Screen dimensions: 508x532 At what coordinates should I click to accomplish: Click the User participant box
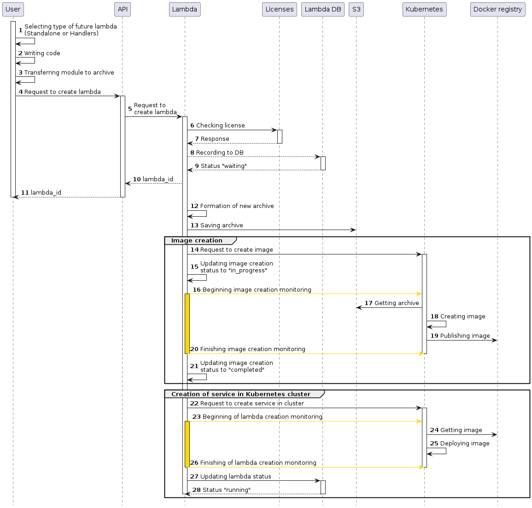(13, 9)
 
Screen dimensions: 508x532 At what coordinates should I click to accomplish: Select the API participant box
(122, 9)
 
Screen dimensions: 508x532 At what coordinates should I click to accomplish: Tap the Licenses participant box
(279, 9)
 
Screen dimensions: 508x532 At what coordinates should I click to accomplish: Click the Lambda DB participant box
(322, 9)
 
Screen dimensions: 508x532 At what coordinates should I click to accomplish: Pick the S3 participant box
(356, 9)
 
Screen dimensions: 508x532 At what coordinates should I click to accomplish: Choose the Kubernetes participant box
(424, 9)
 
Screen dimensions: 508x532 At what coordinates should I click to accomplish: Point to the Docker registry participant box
(497, 9)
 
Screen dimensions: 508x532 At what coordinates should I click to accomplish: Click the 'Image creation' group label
(197, 241)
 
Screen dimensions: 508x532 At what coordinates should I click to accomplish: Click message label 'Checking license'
(220, 126)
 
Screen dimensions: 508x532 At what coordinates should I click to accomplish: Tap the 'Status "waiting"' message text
(223, 166)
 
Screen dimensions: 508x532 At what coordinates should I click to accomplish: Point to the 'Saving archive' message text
(222, 225)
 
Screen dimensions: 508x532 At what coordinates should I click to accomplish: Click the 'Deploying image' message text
(465, 444)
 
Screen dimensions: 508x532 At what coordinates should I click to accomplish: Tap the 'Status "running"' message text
(226, 490)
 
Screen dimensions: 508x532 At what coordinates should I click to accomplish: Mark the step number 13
(194, 225)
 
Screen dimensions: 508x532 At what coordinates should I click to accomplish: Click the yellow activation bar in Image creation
(187, 323)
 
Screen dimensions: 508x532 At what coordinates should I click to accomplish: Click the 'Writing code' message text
(42, 53)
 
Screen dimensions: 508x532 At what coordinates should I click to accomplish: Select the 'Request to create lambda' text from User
(62, 92)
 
